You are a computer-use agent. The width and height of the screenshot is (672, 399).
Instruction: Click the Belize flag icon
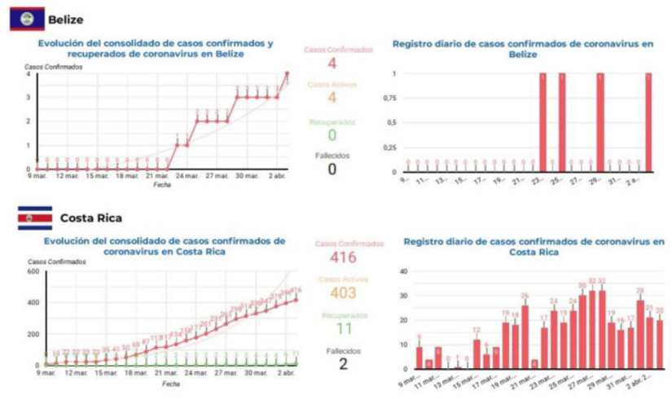26,18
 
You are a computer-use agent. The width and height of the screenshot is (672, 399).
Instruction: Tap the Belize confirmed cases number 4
332,63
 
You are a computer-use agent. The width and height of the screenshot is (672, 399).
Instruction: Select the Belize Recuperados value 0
332,134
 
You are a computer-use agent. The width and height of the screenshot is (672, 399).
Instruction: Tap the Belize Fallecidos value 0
332,169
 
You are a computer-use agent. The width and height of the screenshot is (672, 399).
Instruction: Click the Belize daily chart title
521,48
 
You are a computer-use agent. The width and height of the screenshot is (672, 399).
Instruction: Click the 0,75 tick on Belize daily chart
390,99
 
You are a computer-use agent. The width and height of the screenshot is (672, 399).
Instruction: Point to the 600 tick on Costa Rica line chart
33,271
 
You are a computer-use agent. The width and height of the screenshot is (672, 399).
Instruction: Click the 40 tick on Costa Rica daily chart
402,271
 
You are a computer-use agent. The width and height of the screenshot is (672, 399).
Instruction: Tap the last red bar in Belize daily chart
648,122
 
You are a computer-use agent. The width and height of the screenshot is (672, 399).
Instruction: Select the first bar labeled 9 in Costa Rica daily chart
419,357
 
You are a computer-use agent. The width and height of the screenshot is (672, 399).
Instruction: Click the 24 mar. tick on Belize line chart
187,176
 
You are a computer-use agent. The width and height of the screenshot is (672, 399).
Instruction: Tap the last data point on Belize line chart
287,74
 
